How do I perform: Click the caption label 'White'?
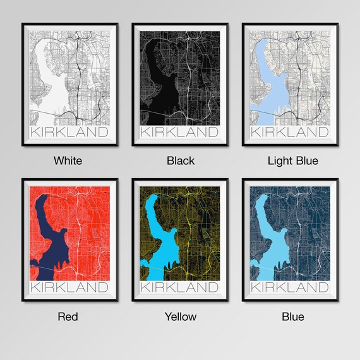point(68,160)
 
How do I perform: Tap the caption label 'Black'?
point(180,160)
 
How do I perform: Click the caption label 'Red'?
point(68,316)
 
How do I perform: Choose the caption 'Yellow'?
point(180,316)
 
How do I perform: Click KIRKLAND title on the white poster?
point(69,133)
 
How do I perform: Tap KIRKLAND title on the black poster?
point(180,133)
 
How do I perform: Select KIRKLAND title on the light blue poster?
point(291,133)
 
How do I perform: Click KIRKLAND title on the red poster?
point(69,288)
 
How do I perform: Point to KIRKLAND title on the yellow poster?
point(180,288)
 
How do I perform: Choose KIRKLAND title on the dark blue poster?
point(291,288)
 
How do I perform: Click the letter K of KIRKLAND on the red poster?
point(35,288)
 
